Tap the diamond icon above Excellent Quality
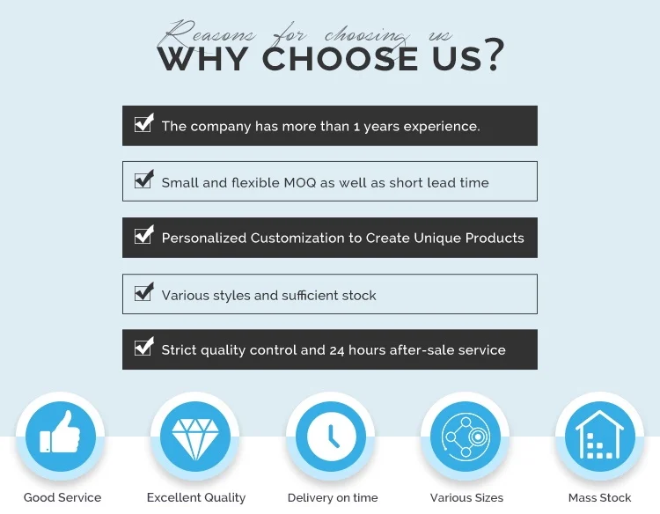(x=195, y=438)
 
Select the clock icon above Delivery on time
(x=330, y=437)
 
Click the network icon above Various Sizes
(x=466, y=437)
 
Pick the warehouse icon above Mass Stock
(x=599, y=435)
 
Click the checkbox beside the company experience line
(x=144, y=123)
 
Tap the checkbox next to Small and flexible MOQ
(x=144, y=180)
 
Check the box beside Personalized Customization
(x=144, y=234)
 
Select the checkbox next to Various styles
(x=144, y=291)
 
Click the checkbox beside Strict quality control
(x=144, y=347)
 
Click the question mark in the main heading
(x=494, y=55)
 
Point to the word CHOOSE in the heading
(x=340, y=58)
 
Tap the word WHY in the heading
(x=203, y=58)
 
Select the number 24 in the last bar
(x=337, y=350)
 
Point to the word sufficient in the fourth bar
(x=310, y=295)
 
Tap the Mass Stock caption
(x=600, y=497)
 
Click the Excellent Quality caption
(x=196, y=497)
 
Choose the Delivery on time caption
(x=333, y=497)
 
